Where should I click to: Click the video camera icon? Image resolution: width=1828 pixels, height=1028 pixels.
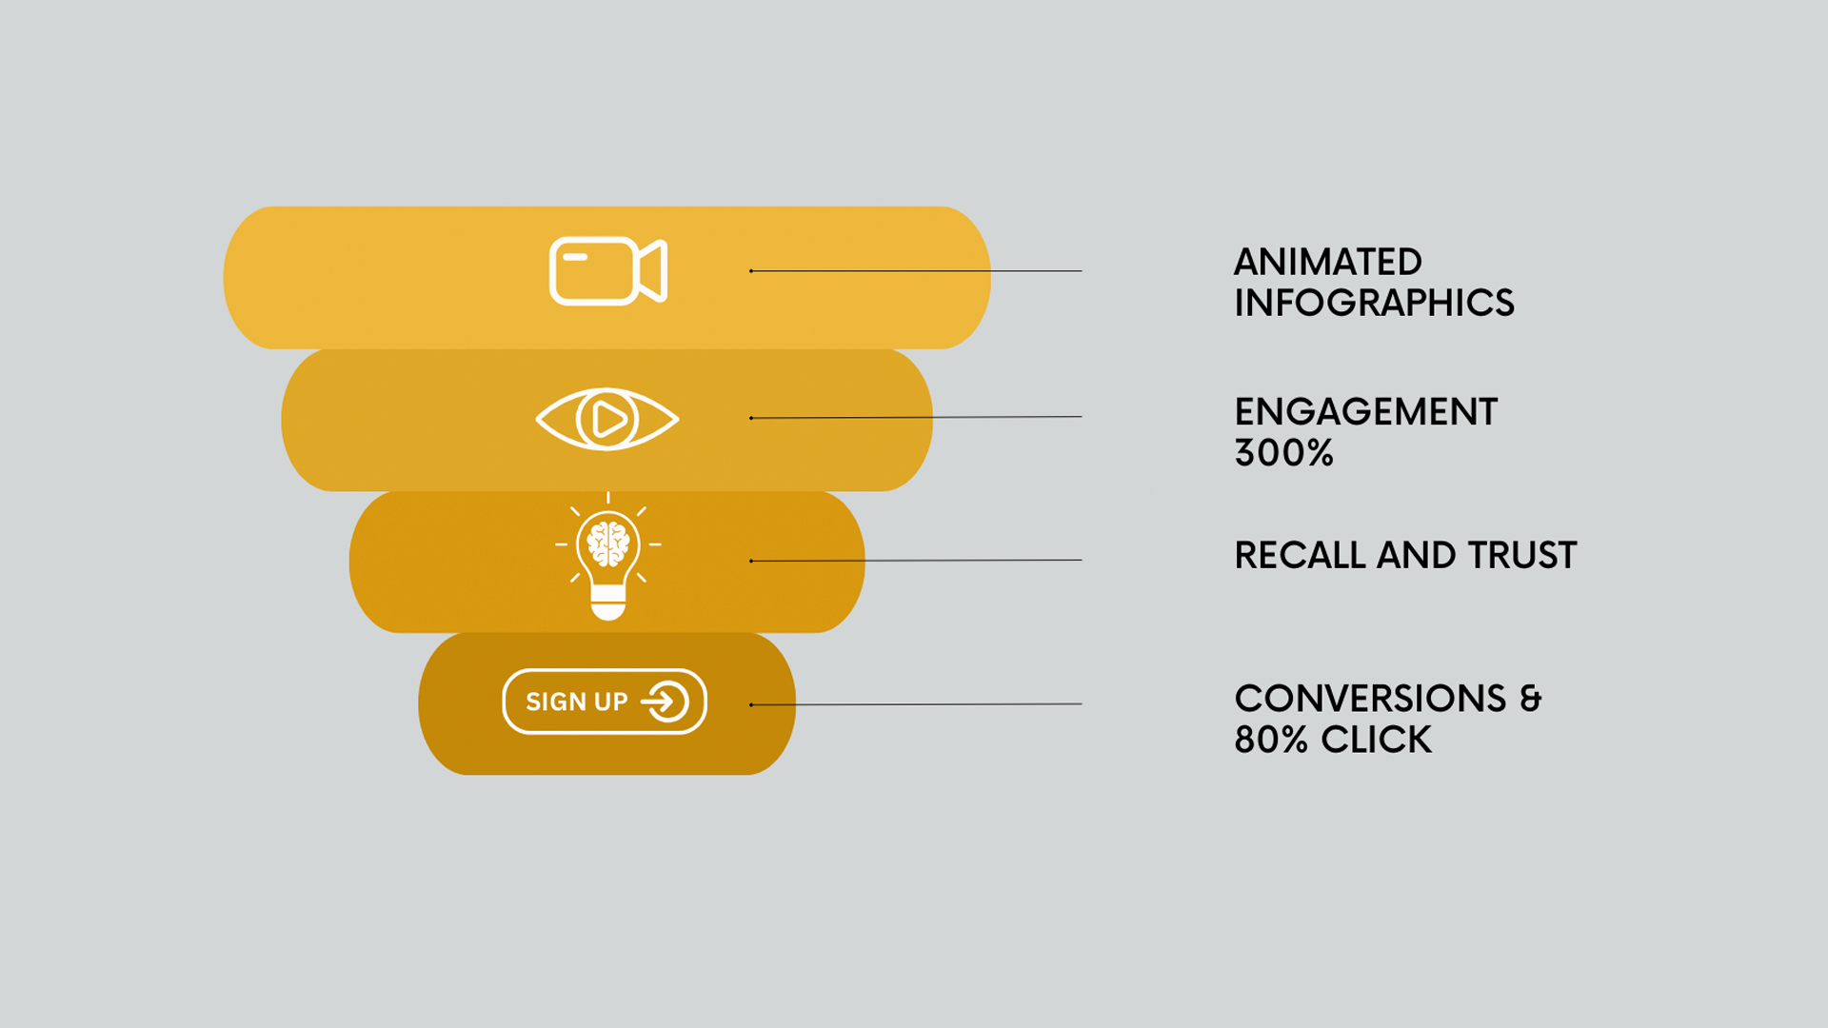click(x=608, y=271)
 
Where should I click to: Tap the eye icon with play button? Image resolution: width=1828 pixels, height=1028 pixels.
click(x=607, y=419)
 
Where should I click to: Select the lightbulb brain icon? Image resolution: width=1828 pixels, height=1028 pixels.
click(x=608, y=557)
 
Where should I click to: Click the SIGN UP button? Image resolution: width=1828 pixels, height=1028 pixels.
click(x=605, y=702)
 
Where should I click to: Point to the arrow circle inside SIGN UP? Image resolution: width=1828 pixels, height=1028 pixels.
click(x=666, y=702)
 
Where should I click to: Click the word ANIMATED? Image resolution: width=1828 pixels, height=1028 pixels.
click(x=1328, y=262)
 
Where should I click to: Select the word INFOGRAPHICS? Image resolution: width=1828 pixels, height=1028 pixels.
click(x=1374, y=303)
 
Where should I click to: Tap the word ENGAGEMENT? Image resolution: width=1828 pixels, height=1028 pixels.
click(x=1366, y=411)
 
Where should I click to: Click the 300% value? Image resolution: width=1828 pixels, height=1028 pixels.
click(x=1283, y=452)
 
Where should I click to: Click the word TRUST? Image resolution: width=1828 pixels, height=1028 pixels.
click(x=1522, y=555)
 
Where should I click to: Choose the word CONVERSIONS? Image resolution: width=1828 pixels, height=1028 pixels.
click(x=1370, y=698)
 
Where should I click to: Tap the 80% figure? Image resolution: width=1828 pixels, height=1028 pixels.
click(x=1271, y=740)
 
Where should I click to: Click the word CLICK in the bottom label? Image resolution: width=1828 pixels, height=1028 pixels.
click(x=1376, y=740)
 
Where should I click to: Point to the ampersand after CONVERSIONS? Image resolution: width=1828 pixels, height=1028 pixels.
click(x=1530, y=698)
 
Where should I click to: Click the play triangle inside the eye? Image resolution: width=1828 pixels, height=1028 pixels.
click(x=609, y=419)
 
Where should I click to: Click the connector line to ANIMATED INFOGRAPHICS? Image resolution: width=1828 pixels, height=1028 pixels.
click(x=916, y=271)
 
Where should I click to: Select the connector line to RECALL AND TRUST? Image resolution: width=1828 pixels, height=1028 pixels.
click(x=916, y=561)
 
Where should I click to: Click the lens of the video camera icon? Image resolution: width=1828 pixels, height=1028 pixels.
click(x=653, y=271)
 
